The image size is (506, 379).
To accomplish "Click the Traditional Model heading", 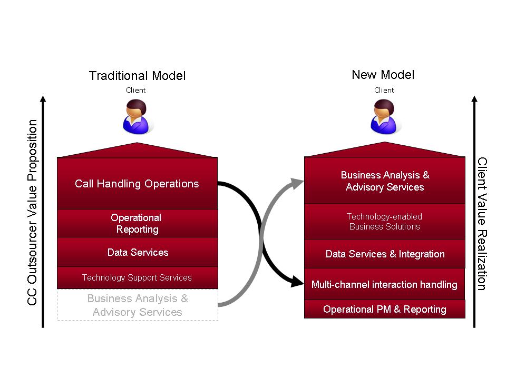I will (137, 76).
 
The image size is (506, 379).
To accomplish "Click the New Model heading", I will (383, 75).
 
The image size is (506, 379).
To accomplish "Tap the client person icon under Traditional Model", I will (136, 117).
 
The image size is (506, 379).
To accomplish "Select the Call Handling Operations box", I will (137, 184).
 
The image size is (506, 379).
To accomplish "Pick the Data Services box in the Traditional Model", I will (137, 252).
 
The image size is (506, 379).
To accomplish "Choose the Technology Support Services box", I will (137, 277).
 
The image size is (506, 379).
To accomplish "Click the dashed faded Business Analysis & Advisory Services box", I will (137, 305).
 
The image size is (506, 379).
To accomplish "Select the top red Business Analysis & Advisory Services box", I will (385, 181).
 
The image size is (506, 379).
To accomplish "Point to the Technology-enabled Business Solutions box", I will (385, 222).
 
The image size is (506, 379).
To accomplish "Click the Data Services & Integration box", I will (385, 254).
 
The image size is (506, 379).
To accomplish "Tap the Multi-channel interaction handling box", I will (384, 284).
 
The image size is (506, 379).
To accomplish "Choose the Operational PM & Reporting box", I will (385, 309).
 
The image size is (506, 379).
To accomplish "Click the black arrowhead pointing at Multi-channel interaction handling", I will (298, 283).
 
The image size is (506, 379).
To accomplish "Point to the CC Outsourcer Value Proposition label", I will (33, 213).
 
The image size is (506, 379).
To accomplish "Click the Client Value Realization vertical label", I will (482, 223).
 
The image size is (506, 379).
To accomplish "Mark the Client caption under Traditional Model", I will (135, 90).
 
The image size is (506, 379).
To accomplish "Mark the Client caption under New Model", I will (384, 90).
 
